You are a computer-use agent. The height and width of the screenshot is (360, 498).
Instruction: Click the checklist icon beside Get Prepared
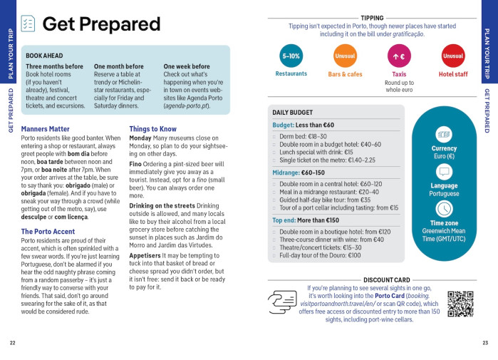[28, 24]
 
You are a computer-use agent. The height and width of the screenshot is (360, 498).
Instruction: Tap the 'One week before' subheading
[188, 66]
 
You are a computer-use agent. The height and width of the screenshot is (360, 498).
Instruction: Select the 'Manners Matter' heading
[45, 129]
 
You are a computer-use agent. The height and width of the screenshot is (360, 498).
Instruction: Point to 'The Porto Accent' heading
[48, 232]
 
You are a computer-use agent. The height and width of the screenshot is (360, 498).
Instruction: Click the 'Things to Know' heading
[152, 129]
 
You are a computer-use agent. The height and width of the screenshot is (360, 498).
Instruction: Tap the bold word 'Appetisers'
[145, 254]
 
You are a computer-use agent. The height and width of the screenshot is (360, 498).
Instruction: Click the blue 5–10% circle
[291, 56]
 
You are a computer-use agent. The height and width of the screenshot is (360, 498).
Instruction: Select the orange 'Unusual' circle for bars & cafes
[345, 56]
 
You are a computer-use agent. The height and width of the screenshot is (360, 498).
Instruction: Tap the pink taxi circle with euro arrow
[399, 56]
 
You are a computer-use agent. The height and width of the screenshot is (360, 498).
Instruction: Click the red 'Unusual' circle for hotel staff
[452, 56]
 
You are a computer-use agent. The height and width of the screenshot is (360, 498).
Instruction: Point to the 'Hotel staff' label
[453, 74]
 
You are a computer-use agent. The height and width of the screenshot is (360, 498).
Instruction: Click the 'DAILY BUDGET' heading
[293, 113]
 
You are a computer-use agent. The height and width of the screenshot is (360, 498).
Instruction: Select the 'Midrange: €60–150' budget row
[299, 173]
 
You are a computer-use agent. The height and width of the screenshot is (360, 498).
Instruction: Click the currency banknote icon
[444, 134]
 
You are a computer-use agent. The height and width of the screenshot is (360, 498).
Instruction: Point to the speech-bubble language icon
[444, 172]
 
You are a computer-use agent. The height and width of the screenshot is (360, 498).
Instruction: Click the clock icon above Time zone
[444, 208]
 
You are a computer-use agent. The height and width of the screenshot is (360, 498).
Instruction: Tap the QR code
[460, 304]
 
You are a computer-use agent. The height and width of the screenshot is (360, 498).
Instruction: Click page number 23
[485, 343]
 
